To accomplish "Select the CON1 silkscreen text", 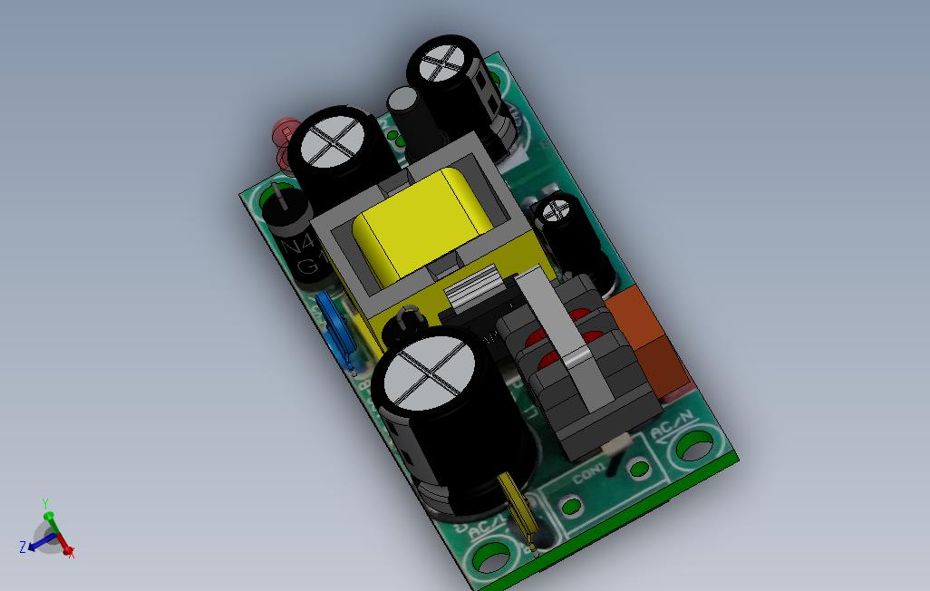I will coord(589,471).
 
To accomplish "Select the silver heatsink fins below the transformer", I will coord(472,291).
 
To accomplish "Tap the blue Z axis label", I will coord(22,547).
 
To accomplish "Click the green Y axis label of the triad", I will coord(45,503).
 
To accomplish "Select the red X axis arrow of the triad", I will coord(63,546).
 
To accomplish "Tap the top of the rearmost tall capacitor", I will coord(441,65).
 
